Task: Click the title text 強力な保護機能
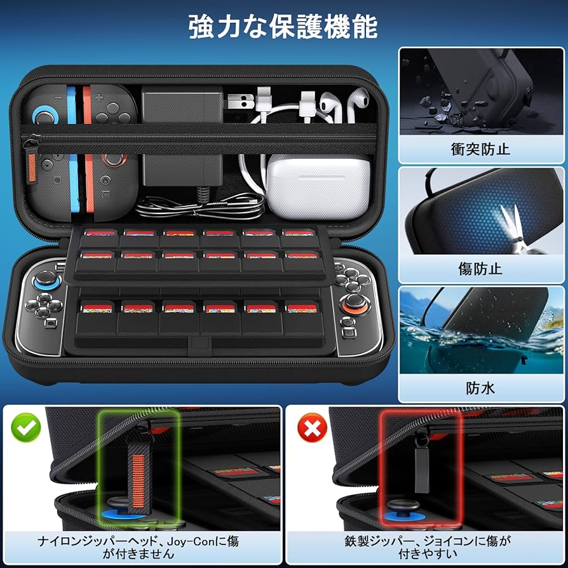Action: tap(283, 27)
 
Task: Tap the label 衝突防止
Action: tap(480, 150)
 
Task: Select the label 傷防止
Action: tap(480, 269)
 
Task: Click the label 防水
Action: tap(480, 387)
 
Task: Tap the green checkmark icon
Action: tap(26, 430)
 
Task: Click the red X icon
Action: tap(311, 430)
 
